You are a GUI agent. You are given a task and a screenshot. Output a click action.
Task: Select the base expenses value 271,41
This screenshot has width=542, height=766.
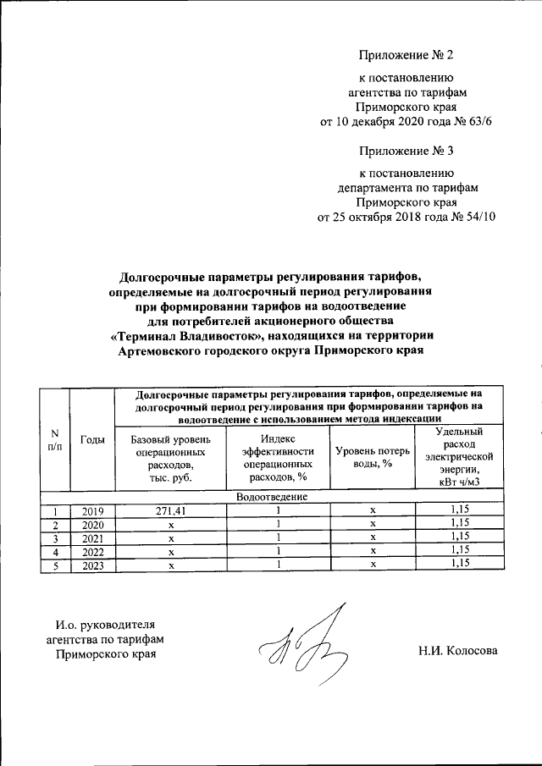click(171, 511)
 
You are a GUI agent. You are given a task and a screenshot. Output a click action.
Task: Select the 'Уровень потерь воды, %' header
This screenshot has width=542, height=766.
click(373, 457)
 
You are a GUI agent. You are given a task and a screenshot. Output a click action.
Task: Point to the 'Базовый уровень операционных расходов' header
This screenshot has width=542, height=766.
click(171, 457)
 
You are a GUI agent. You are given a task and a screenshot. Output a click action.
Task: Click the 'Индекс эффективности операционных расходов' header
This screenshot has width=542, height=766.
click(278, 457)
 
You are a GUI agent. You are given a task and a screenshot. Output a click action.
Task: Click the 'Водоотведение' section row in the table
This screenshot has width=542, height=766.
click(272, 498)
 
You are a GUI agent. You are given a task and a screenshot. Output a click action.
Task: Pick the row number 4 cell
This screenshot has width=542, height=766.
click(54, 551)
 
